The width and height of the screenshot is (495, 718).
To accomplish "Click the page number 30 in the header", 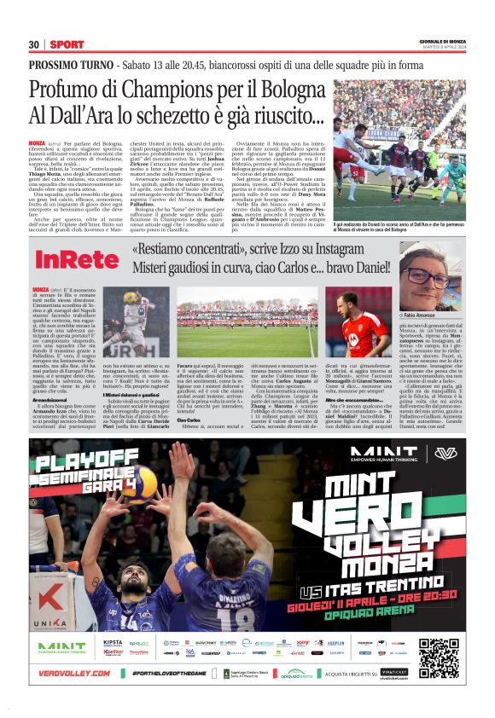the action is (x=34, y=43).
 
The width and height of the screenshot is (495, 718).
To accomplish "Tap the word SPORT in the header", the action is (x=67, y=43).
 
